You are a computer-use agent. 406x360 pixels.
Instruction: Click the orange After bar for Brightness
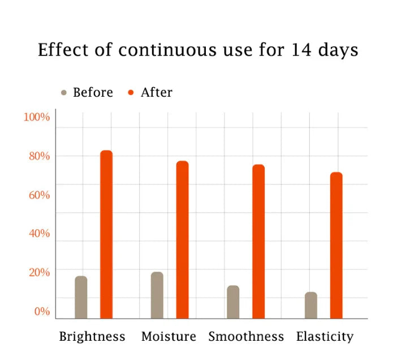click(x=106, y=234)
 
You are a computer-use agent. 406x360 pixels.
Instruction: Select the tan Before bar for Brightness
click(x=81, y=297)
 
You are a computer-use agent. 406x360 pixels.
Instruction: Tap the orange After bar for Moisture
click(x=182, y=239)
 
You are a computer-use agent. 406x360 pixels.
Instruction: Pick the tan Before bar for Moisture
click(x=157, y=295)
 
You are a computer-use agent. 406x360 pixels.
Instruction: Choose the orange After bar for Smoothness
click(x=258, y=241)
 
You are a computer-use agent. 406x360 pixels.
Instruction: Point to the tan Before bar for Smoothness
click(x=233, y=302)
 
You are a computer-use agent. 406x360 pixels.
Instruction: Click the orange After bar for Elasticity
click(x=336, y=245)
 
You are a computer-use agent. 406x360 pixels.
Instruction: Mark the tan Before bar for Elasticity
click(x=311, y=305)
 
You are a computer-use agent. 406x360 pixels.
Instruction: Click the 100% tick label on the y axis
click(x=37, y=117)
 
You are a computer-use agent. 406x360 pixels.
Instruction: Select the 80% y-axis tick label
click(x=39, y=156)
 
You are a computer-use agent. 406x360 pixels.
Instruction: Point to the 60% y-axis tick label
click(x=39, y=195)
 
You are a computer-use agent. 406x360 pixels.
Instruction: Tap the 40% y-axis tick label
click(x=39, y=233)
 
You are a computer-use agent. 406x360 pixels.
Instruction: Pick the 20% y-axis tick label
click(x=39, y=272)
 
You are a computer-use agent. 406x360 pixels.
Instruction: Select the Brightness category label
click(x=92, y=337)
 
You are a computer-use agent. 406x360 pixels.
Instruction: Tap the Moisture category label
click(x=169, y=337)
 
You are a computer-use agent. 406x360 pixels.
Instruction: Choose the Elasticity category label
click(x=325, y=337)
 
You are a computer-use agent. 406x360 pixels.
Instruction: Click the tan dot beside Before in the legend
click(x=64, y=93)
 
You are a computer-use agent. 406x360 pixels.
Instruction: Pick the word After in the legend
click(x=156, y=92)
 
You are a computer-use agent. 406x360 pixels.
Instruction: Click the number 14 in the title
click(x=299, y=50)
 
